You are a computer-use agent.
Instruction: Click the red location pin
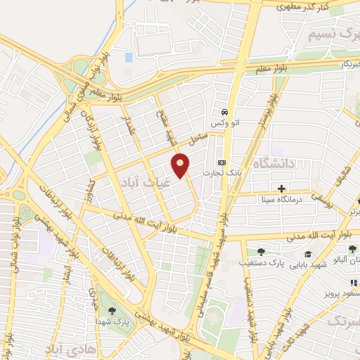pos(181,166)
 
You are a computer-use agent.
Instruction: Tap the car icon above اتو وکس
pos(224,112)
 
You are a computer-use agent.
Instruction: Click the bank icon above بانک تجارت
pos(221,162)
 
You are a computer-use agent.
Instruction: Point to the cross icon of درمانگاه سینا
pos(281,188)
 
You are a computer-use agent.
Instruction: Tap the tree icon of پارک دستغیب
pos(261,252)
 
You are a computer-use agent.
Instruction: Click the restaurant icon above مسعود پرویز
pos(353,282)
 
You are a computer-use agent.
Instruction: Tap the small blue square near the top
pos(128,56)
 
